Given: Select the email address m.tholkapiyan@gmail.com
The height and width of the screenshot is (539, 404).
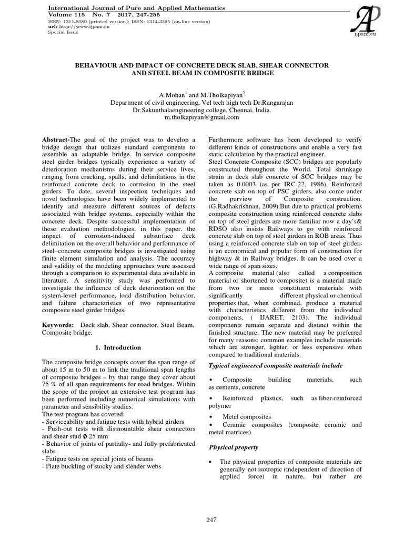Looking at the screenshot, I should click(x=201, y=118).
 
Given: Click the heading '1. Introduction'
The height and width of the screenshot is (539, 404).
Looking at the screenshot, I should click(x=118, y=347).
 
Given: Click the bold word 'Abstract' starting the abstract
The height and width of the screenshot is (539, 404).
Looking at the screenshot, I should click(x=56, y=138).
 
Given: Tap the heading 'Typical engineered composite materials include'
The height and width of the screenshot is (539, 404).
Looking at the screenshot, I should click(x=276, y=365).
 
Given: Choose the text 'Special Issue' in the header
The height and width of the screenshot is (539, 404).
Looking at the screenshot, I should click(x=63, y=32).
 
